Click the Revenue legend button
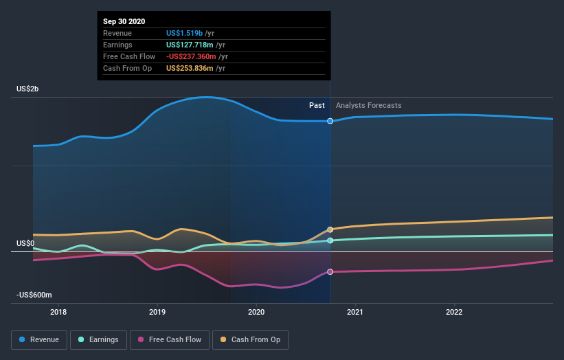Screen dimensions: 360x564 [40, 339]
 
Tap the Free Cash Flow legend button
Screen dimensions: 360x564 [170, 339]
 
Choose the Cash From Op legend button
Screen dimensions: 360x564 [251, 339]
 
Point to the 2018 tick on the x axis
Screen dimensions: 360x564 [58, 311]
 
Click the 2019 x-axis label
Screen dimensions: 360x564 [157, 311]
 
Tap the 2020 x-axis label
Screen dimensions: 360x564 [256, 311]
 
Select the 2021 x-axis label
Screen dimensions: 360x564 [355, 311]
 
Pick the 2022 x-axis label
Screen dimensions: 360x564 [454, 311]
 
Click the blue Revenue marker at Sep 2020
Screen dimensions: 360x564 [330, 121]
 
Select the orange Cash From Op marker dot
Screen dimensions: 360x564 [330, 229]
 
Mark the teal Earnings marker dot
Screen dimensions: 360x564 [330, 240]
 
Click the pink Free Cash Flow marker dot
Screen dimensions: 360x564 [330, 271]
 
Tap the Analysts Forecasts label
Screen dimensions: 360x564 [368, 105]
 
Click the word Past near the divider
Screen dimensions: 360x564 [317, 105]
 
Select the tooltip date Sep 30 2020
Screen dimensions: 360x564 [125, 22]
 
